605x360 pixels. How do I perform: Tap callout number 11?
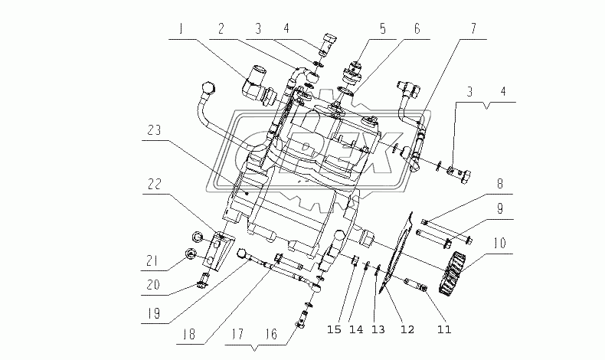pyautogui.click(x=444, y=330)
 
